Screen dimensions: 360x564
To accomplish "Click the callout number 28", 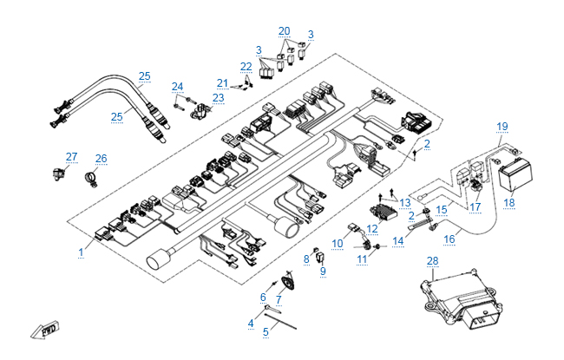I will point(433,260).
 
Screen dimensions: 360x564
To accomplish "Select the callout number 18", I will point(509,203).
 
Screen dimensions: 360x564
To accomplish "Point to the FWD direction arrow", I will point(45,331).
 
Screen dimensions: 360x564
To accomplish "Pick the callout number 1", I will point(81,252).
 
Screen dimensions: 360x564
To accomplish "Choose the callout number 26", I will point(102,159).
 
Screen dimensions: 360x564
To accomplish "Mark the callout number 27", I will point(72,157).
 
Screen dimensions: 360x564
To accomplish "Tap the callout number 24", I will point(177,86).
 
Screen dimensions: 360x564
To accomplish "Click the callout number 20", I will point(284,30).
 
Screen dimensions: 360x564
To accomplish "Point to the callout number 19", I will point(502,127).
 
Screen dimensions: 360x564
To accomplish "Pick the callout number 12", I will point(371,229).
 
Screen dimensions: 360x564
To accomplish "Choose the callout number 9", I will point(323,271).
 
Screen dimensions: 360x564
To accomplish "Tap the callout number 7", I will point(279,299).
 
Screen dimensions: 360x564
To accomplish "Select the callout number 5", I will point(266,331).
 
